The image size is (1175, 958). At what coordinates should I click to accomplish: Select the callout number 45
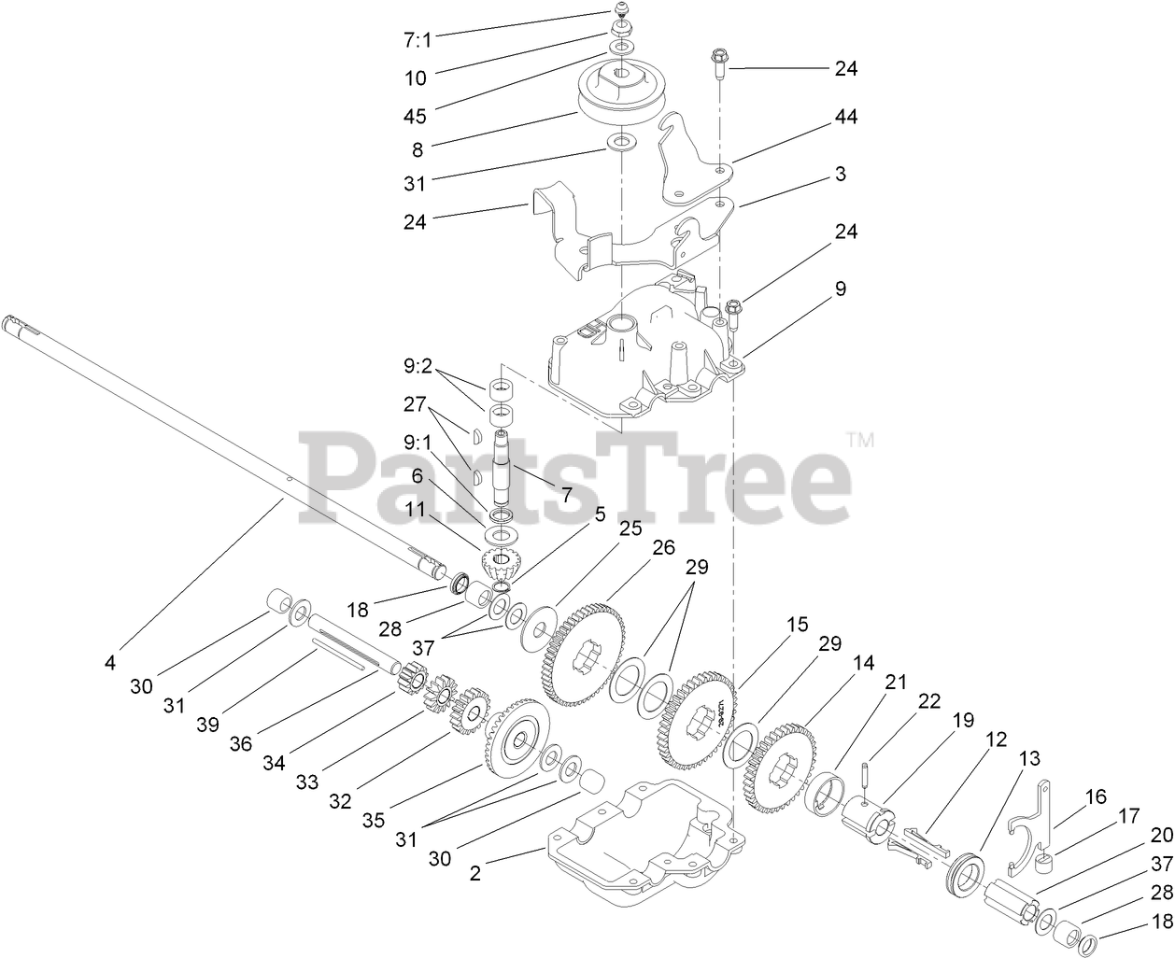coord(415,116)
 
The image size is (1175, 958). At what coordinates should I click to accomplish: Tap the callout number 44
coord(845,117)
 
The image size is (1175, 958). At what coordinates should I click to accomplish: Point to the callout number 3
coord(841,174)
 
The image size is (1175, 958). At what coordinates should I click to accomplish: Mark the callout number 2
coord(475,874)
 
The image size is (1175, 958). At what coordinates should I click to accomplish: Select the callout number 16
coord(1095,796)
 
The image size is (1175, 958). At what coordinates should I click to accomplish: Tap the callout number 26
coord(663,548)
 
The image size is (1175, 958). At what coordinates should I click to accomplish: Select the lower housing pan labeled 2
coord(644,840)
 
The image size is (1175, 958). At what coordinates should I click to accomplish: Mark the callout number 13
coord(1028,758)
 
